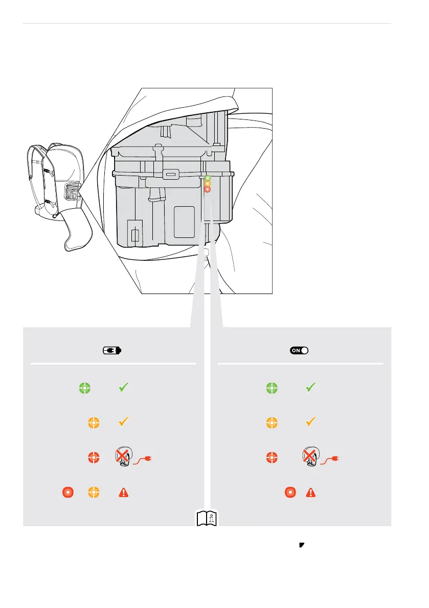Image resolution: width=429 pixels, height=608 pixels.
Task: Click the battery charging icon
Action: [112, 351]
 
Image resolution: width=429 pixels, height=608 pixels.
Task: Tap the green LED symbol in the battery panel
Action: [85, 388]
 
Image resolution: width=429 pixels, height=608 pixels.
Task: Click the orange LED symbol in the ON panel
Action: [272, 423]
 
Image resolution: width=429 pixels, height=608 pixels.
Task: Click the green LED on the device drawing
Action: [208, 178]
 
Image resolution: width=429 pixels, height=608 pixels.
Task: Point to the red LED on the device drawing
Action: [207, 189]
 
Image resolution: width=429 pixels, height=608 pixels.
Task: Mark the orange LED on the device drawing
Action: [208, 184]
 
